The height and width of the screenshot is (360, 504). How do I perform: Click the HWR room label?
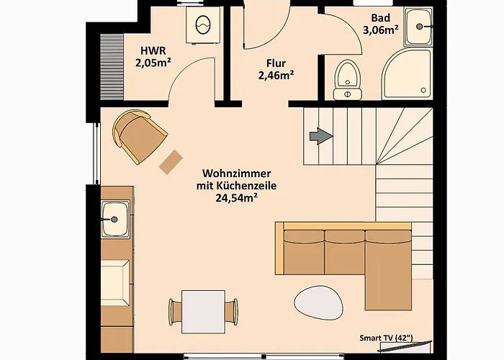(153, 51)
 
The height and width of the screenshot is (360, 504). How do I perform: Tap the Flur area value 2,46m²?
(276, 76)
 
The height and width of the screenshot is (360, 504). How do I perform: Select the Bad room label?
(381, 18)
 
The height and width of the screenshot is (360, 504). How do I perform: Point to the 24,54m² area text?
(237, 198)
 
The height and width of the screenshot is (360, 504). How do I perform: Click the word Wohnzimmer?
(237, 174)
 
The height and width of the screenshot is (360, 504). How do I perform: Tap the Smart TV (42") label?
(387, 338)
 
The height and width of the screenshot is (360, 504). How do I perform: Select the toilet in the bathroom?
(348, 80)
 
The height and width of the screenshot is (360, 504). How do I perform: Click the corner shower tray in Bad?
(407, 74)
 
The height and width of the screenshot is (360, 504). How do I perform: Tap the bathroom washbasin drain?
(420, 27)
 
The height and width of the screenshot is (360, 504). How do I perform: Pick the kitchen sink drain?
(114, 220)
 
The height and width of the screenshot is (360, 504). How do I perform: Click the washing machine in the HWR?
(203, 26)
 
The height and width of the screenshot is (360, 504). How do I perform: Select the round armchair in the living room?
(139, 135)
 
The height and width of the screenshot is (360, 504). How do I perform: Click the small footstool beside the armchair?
(171, 162)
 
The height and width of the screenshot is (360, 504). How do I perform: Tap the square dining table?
(203, 312)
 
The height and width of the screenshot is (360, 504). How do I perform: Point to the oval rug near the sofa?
(319, 303)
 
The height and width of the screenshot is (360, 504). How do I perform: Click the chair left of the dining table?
(175, 312)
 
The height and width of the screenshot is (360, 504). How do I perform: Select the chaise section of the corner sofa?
(388, 271)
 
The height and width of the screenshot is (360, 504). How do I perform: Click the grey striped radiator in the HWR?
(112, 67)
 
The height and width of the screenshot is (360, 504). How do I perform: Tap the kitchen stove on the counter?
(115, 282)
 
